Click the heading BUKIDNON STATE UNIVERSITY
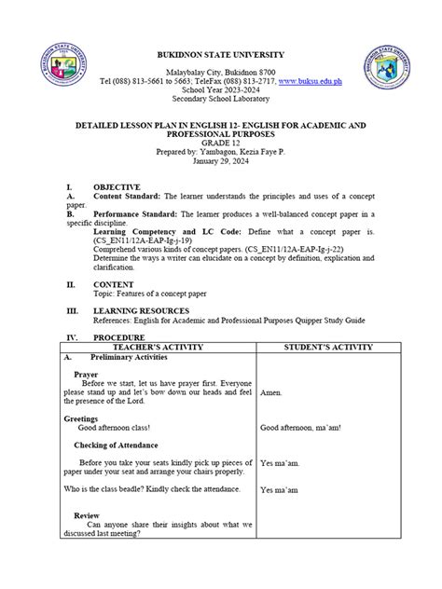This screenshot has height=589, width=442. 221,55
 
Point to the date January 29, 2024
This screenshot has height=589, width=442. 221,160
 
